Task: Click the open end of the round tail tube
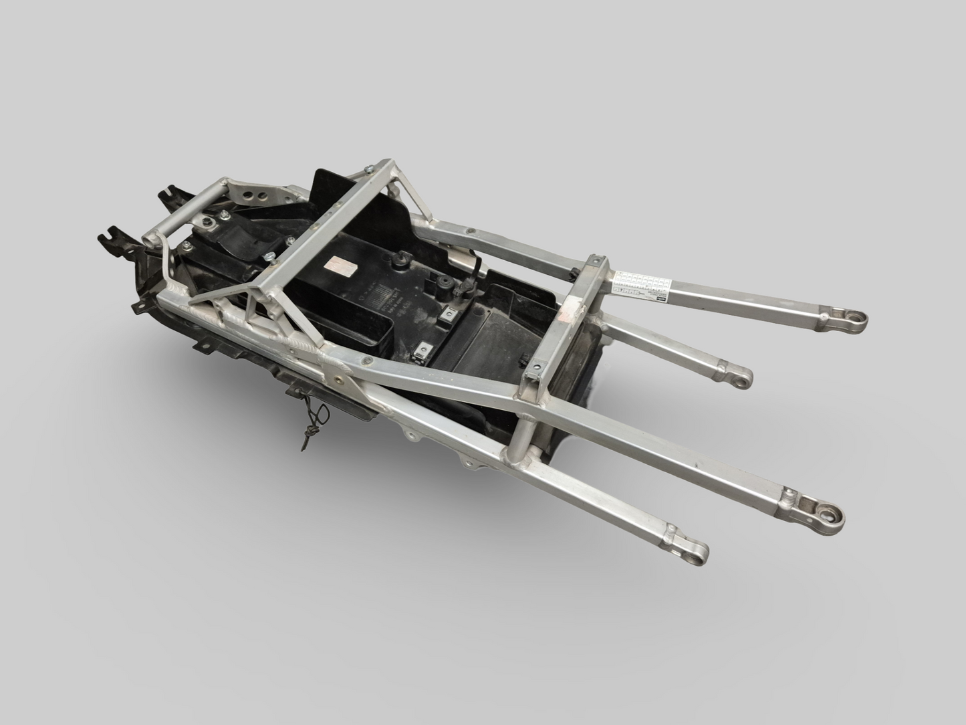[148, 239]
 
